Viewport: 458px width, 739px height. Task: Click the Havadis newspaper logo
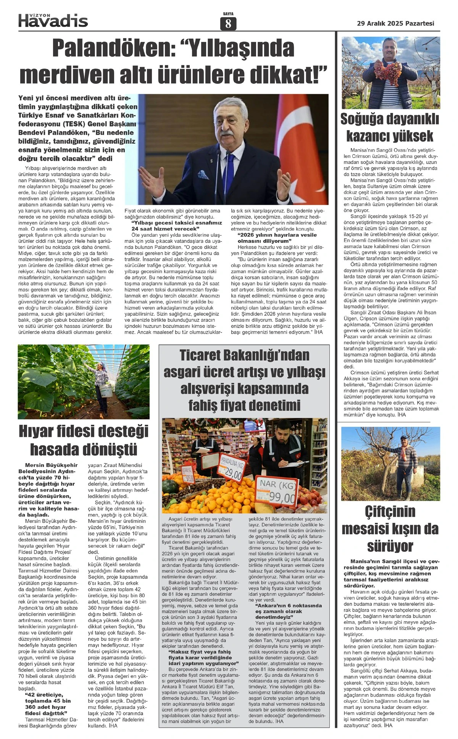pyautogui.click(x=53, y=20)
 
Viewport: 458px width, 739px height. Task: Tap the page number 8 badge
pyautogui.click(x=228, y=24)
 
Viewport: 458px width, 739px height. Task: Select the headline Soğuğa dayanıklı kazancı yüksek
pyautogui.click(x=390, y=127)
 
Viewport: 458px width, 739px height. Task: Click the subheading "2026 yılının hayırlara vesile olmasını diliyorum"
pyautogui.click(x=277, y=238)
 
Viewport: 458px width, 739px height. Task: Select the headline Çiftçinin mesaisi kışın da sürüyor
pyautogui.click(x=390, y=529)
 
